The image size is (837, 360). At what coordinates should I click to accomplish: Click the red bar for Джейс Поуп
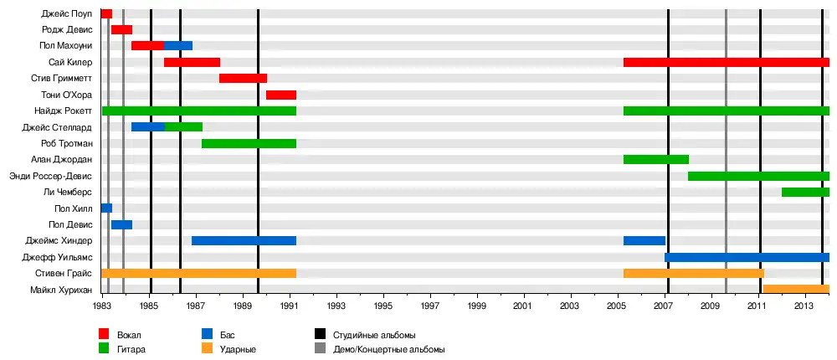click(106, 13)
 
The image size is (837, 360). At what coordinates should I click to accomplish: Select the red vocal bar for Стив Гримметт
click(243, 78)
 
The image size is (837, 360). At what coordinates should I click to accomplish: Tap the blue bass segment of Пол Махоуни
click(178, 45)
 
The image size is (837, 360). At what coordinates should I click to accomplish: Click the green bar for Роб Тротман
click(249, 143)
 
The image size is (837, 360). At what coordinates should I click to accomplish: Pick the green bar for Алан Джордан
click(655, 159)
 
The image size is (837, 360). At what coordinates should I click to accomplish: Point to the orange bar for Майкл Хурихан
click(796, 289)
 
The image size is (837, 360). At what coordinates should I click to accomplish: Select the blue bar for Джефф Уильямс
click(747, 257)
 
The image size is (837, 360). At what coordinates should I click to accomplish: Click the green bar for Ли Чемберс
click(805, 192)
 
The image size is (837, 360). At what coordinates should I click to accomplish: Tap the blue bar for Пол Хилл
click(106, 208)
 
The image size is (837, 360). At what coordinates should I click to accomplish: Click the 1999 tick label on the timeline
click(477, 306)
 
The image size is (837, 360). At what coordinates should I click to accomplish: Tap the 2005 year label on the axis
click(617, 306)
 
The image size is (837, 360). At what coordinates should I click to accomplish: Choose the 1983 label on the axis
click(103, 306)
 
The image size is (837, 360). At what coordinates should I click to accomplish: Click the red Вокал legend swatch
click(104, 334)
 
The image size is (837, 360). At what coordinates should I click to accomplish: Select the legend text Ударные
click(239, 349)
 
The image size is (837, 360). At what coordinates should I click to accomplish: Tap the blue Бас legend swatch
click(207, 334)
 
